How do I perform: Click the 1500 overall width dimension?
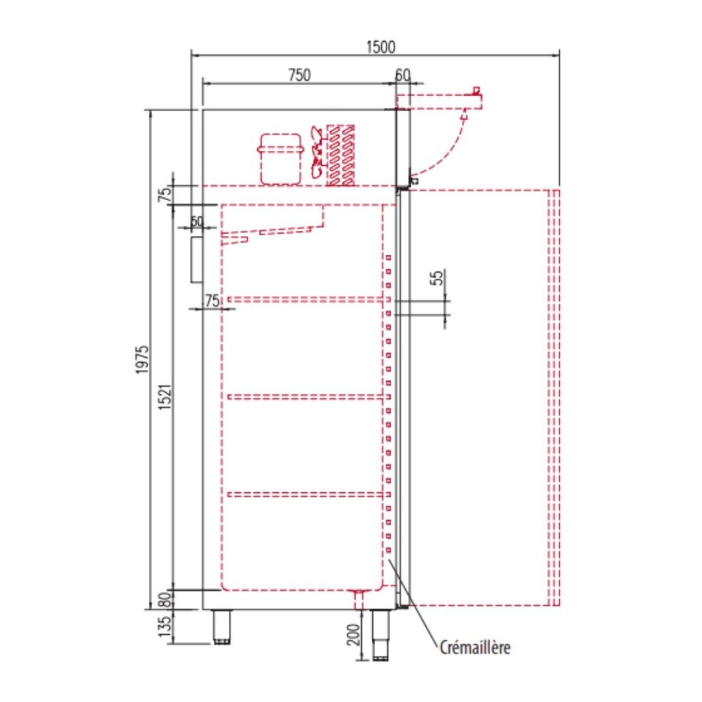(x=380, y=47)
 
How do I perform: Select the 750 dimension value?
(x=299, y=75)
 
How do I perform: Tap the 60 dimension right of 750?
(x=402, y=75)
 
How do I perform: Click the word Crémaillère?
(x=475, y=647)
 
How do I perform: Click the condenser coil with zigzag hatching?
(x=341, y=155)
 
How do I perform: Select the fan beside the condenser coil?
(x=317, y=155)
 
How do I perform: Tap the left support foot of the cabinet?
(x=221, y=627)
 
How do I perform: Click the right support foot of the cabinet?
(x=380, y=634)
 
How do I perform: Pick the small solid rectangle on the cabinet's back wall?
(x=197, y=259)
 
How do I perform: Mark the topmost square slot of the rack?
(x=388, y=258)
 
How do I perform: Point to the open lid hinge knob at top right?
(x=476, y=90)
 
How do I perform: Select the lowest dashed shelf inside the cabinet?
(x=304, y=494)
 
